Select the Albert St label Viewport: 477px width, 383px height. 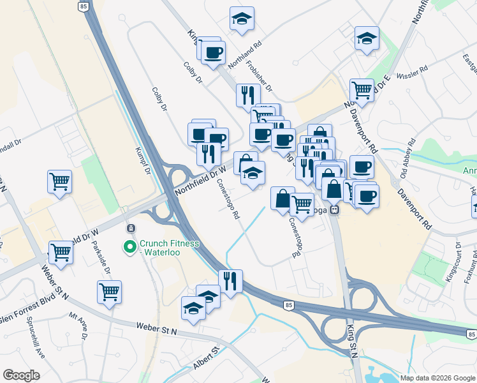tap(207, 360)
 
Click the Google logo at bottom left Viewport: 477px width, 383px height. tap(21, 375)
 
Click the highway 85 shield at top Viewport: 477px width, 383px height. tap(84, 6)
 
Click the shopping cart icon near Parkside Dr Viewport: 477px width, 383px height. tap(109, 291)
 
